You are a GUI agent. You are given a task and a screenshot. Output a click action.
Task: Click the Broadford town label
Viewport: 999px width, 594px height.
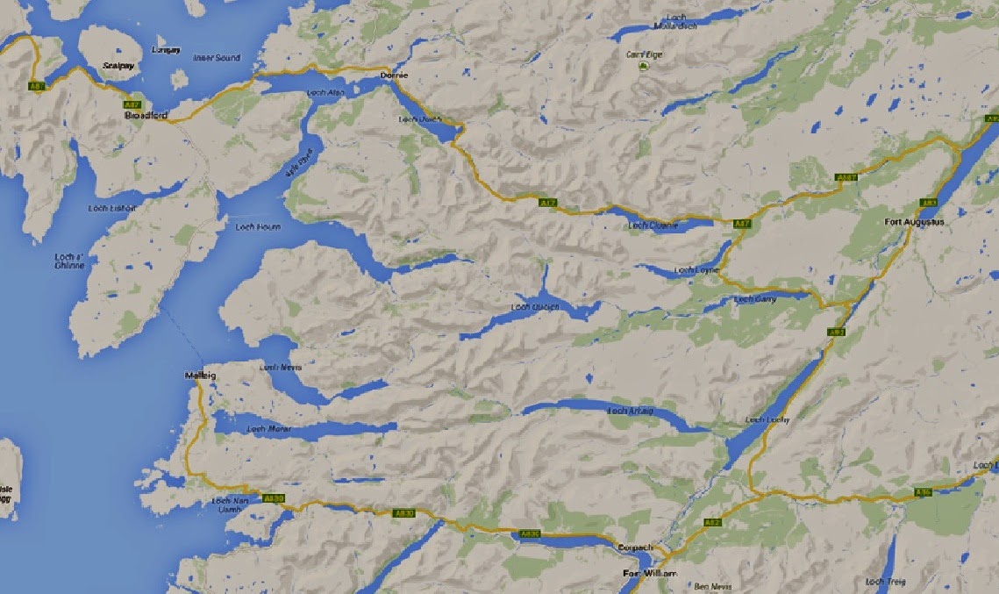146,116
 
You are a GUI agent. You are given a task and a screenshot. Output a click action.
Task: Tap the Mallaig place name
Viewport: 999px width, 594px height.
200,376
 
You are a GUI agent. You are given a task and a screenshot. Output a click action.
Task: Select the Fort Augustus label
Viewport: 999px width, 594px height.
915,222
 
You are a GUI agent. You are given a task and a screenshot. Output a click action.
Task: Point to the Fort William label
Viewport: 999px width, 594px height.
649,574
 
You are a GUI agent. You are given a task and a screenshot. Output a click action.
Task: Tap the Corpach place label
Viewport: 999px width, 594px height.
635,547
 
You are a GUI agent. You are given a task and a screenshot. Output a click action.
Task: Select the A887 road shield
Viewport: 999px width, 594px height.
846,178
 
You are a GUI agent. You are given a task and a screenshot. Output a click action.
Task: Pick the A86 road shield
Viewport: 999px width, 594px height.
922,491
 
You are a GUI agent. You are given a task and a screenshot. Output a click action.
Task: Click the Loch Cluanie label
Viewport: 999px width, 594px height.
653,225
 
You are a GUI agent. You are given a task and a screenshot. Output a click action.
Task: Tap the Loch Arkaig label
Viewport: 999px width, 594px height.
631,412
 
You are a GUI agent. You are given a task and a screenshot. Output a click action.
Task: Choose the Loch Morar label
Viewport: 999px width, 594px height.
268,429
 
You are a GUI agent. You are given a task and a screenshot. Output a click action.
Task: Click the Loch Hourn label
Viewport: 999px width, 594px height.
258,226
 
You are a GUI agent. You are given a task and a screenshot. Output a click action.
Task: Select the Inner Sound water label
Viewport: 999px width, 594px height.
216,58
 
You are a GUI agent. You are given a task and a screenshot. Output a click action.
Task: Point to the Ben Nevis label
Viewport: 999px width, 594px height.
710,586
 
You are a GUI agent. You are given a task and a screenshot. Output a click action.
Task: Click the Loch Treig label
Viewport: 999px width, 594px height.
883,582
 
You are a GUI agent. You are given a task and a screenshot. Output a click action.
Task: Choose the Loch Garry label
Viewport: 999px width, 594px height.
755,299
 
